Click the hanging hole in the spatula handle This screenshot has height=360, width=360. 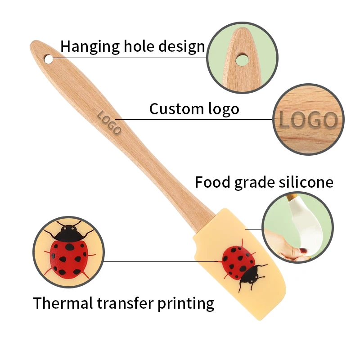[47, 58]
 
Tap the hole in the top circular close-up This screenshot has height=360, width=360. [241, 58]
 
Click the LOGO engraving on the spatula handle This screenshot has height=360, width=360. [109, 122]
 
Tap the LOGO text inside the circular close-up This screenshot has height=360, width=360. [308, 121]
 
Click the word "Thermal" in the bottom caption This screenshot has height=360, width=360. [63, 303]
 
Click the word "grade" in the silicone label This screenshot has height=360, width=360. [252, 183]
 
